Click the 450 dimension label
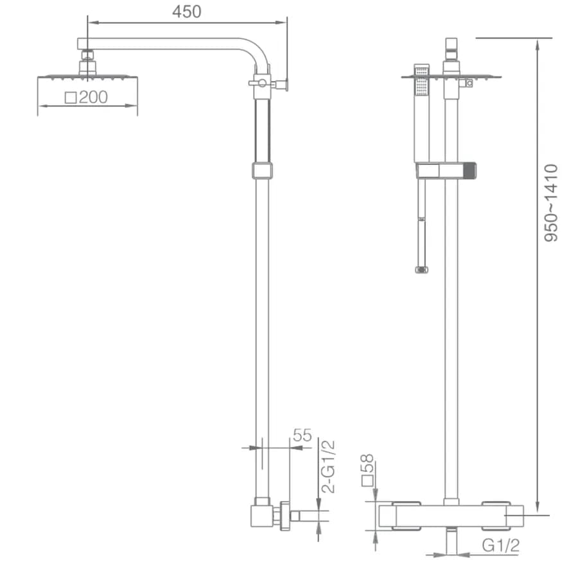pyautogui.click(x=186, y=12)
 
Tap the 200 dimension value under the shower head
pyautogui.click(x=93, y=98)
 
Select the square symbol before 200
pyautogui.click(x=71, y=98)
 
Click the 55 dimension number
pyautogui.click(x=302, y=435)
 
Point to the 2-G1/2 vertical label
pyautogui.click(x=328, y=466)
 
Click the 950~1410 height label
pyautogui.click(x=551, y=203)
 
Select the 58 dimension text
pyautogui.click(x=367, y=463)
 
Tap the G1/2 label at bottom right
pyautogui.click(x=500, y=545)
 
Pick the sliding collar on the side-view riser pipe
pyautogui.click(x=262, y=171)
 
